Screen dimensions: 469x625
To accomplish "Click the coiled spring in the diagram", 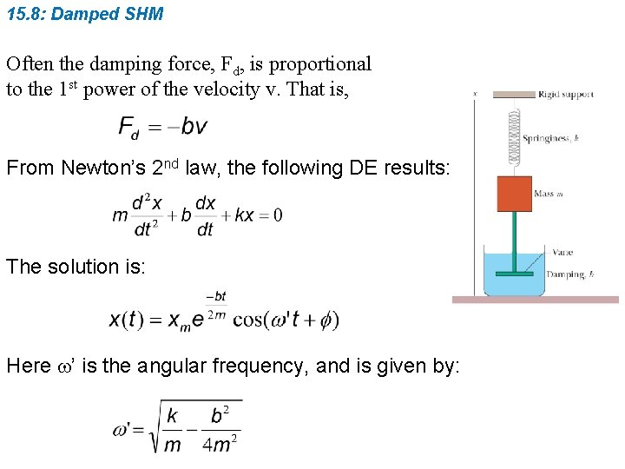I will [514, 135].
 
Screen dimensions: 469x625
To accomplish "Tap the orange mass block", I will [514, 194].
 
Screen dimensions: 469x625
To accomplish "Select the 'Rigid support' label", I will [566, 95].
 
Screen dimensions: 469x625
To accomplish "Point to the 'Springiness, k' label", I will [550, 137].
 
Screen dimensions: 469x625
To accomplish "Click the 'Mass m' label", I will [549, 195].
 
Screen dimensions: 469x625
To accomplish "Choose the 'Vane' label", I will [560, 253].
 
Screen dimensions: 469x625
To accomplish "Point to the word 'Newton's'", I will [102, 168].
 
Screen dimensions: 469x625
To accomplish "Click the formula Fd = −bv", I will [162, 127].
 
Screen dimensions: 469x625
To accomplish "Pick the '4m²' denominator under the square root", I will [222, 443].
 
